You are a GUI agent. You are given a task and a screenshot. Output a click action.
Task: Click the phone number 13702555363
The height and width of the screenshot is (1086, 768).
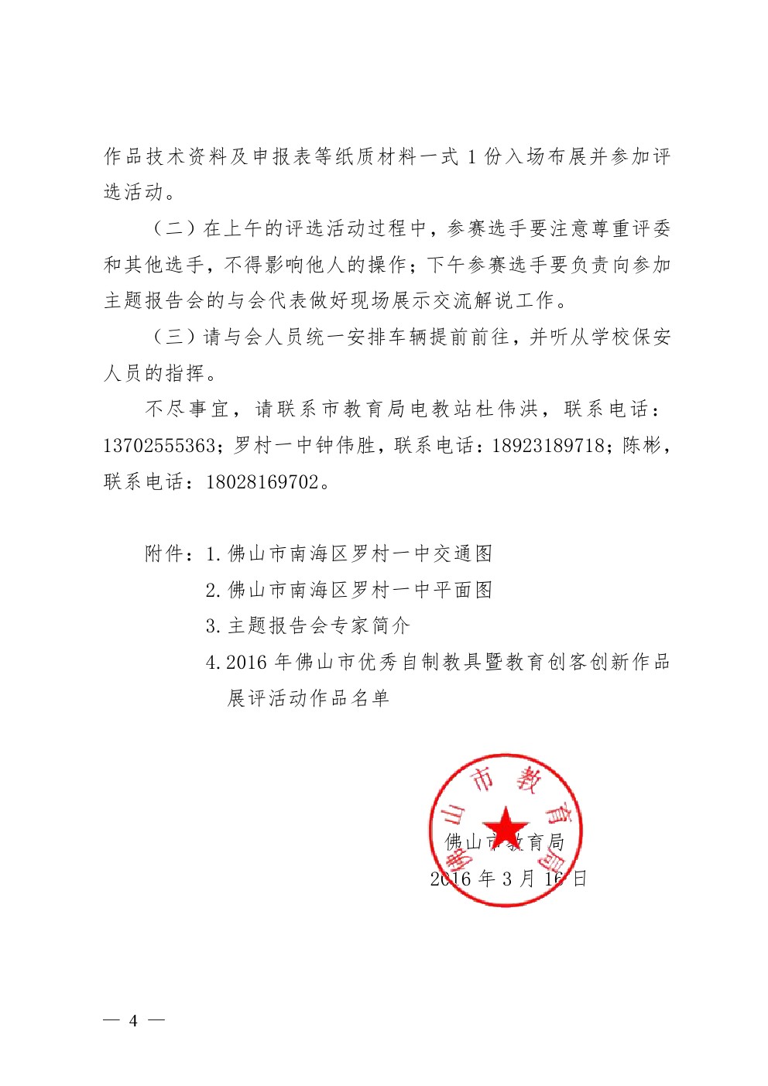(159, 446)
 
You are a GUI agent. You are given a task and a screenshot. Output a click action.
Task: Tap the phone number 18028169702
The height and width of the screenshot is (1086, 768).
(262, 482)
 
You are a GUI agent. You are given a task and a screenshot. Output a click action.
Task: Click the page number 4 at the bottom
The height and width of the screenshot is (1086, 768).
(133, 1020)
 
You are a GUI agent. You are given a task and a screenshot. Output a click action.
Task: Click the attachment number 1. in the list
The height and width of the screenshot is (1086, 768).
(214, 554)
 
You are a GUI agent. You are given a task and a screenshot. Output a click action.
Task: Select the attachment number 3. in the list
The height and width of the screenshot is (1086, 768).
(214, 626)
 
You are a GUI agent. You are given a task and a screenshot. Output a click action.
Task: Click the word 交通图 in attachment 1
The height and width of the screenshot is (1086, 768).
(463, 554)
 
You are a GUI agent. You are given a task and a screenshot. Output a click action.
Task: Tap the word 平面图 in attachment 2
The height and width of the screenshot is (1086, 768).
(463, 591)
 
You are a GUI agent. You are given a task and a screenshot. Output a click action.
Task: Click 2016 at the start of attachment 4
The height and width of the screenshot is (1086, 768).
(247, 663)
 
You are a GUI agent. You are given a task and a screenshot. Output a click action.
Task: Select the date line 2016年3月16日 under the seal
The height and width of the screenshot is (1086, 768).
(508, 879)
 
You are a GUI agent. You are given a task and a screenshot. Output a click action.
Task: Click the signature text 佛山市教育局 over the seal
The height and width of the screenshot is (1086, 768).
(505, 842)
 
